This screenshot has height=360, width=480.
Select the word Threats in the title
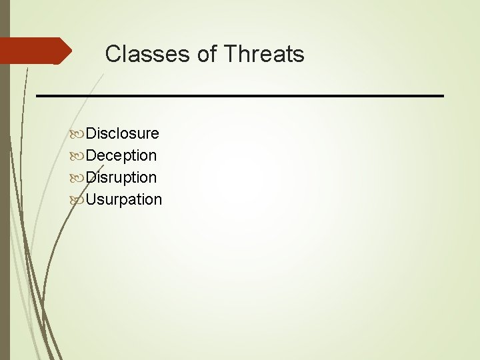click(264, 54)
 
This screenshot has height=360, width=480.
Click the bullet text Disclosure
click(123, 133)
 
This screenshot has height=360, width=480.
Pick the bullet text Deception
click(121, 155)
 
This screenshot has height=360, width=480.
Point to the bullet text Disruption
click(121, 177)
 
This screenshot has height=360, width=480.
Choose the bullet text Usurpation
click(124, 199)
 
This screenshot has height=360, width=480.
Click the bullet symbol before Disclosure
click(77, 134)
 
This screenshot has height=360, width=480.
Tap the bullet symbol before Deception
click(77, 156)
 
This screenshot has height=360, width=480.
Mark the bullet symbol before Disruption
click(77, 178)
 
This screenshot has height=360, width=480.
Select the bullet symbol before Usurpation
click(77, 200)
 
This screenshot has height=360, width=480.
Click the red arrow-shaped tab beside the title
click(33, 51)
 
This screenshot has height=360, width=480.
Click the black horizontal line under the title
click(240, 96)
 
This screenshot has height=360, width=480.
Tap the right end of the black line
click(442, 96)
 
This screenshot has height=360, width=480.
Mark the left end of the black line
click(37, 96)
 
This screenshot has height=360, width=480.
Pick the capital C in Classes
click(113, 54)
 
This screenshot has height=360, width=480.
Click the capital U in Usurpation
click(92, 199)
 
